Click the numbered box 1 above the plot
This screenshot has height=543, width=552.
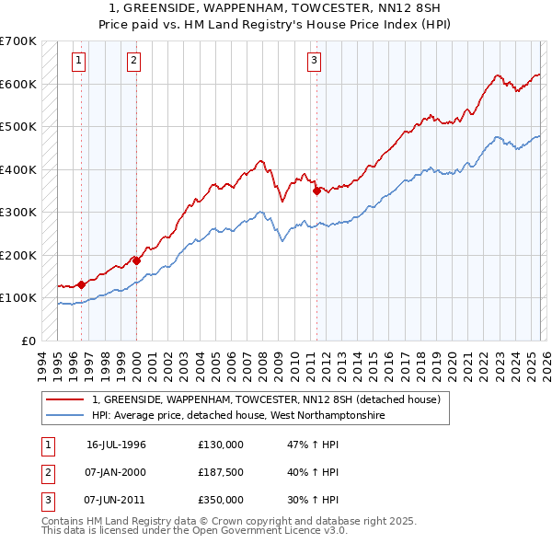pos(79,62)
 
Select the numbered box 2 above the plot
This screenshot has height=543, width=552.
pos(134,62)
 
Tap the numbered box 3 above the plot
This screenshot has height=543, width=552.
pos(315,62)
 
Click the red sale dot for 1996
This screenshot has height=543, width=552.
pos(82,284)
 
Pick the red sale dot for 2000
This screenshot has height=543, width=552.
pos(136,260)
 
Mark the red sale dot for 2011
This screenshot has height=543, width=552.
pos(316,191)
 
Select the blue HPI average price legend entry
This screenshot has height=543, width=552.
pos(236,416)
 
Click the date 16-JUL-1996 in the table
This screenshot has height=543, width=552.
pos(116,445)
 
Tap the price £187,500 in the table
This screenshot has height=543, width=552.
pos(221,472)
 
